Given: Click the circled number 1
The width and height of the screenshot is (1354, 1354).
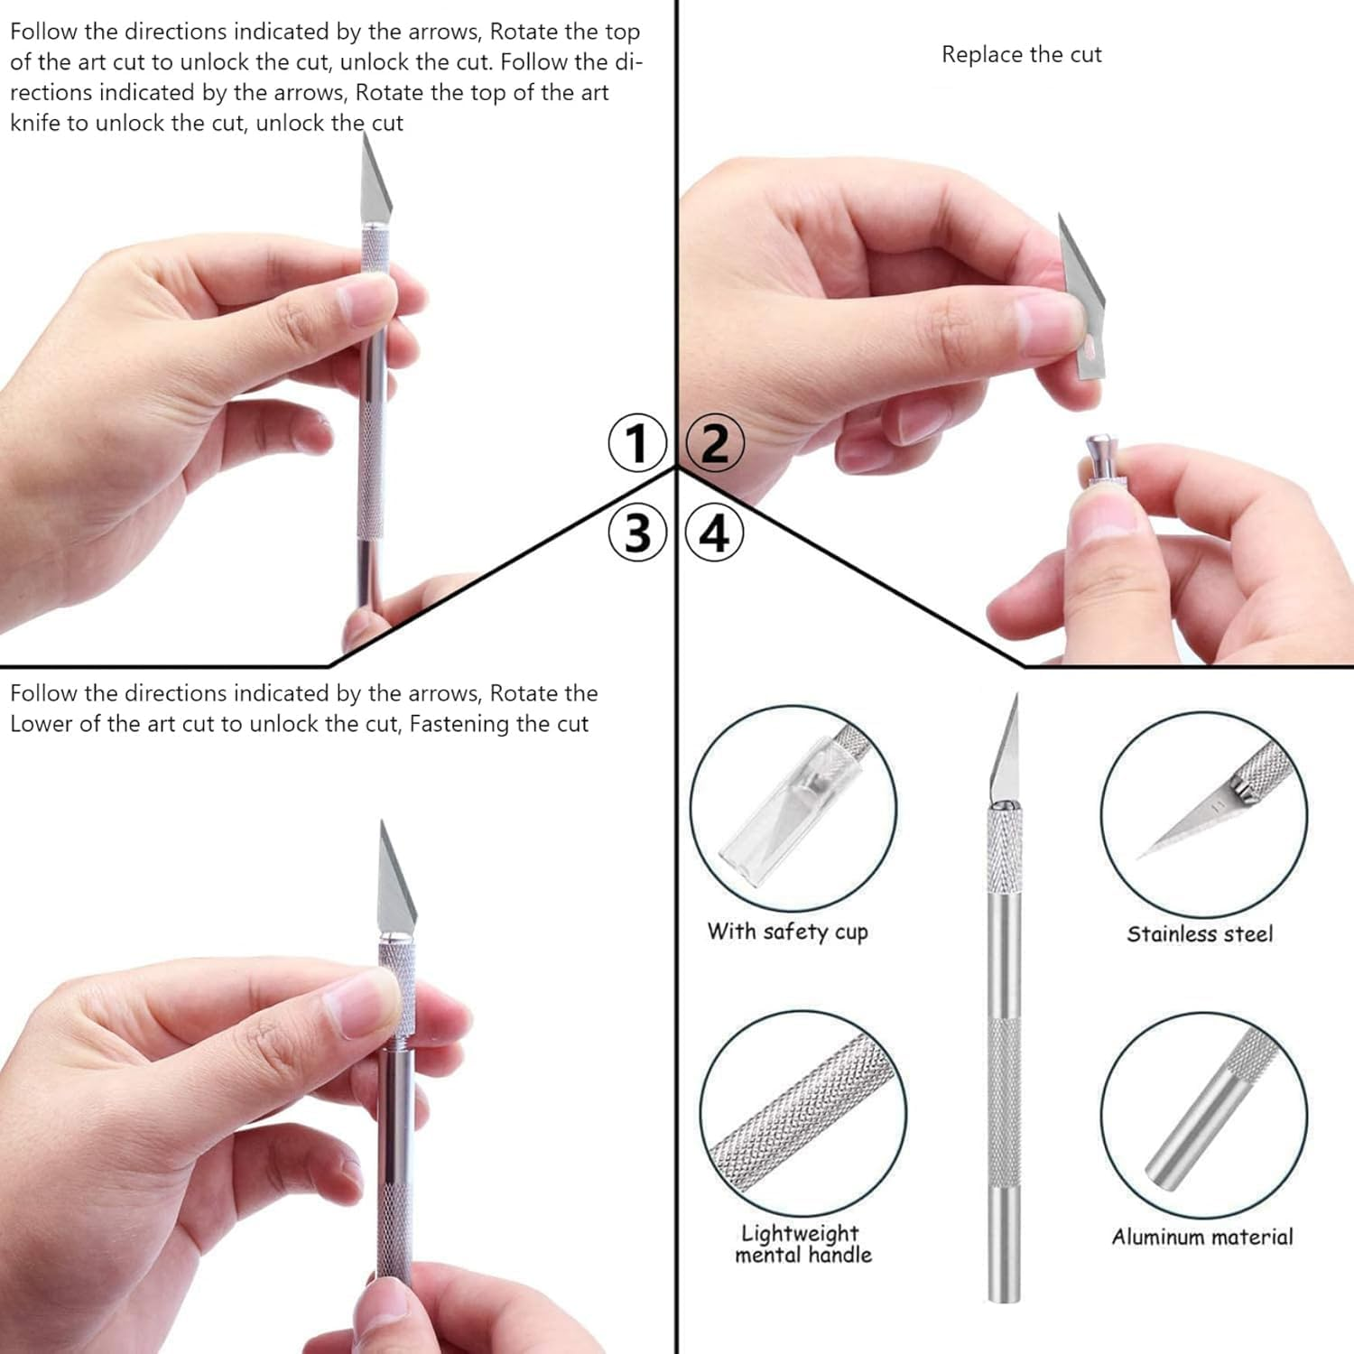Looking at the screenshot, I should point(637,443).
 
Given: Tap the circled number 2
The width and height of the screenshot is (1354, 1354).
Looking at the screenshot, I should point(715,443).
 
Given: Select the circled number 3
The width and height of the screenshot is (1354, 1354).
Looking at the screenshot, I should point(637,533).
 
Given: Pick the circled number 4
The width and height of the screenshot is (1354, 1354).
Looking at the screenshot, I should point(715,533).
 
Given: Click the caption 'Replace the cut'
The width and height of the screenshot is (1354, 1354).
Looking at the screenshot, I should point(1021,55).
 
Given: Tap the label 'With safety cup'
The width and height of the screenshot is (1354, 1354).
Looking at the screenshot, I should point(787,932).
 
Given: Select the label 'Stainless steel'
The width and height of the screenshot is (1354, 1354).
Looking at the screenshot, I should point(1200,934).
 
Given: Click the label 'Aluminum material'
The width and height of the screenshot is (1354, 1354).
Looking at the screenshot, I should point(1201,1237).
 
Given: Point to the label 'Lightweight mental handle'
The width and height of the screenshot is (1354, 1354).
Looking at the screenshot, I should point(802,1244).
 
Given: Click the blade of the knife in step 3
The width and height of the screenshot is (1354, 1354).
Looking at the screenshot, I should point(394,885).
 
